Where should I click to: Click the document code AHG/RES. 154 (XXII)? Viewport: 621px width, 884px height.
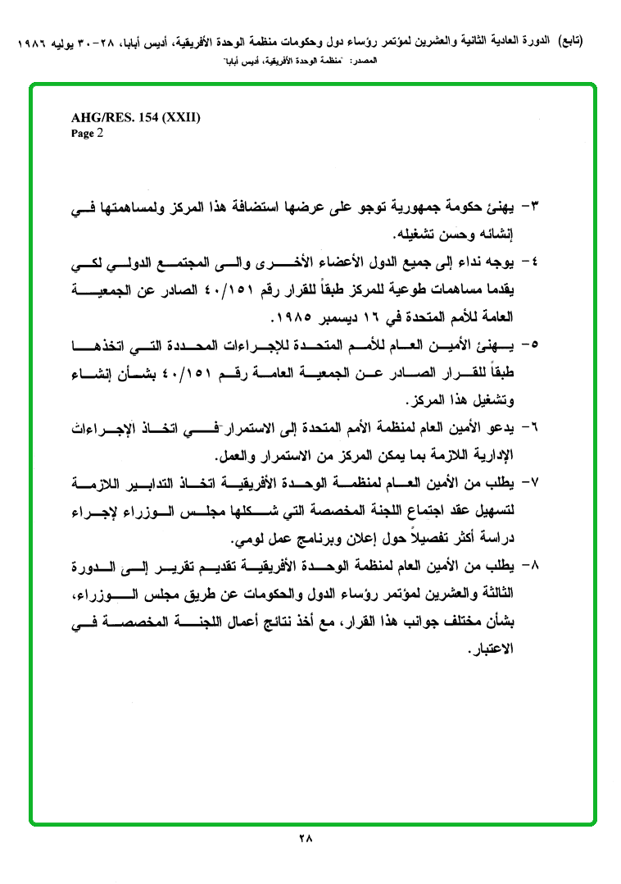136,118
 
